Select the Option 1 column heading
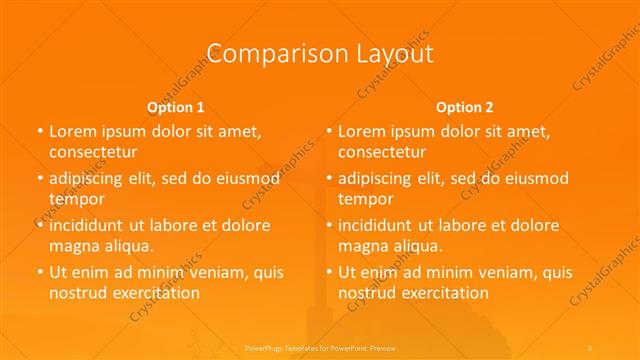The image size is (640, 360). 176,106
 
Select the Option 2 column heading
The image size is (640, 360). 465,106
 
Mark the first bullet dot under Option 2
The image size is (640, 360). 329,132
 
